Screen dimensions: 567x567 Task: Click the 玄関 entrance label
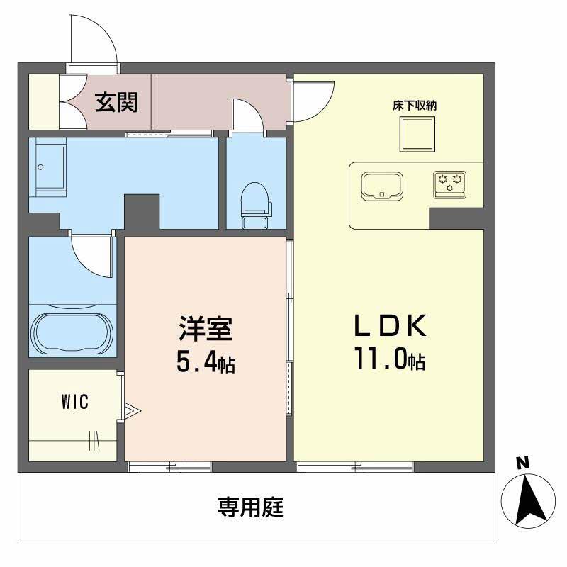117,103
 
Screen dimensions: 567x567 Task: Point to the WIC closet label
74,403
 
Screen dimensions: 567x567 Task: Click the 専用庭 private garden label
250,507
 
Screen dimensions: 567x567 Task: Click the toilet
256,203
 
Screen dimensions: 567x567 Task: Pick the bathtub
72,330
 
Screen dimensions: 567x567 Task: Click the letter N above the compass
522,464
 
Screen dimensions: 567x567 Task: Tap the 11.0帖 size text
389,361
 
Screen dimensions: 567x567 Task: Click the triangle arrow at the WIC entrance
133,410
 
